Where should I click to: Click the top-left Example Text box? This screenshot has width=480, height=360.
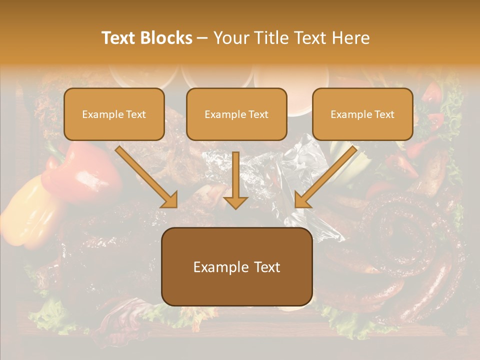114,114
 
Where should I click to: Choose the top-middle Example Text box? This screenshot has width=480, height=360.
236,114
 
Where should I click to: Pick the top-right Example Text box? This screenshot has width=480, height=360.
362,114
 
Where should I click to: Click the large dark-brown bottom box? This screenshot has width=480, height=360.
236,266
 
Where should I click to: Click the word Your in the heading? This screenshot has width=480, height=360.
230,38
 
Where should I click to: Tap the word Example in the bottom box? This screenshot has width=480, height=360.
217,267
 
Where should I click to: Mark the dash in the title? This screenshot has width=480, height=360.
202,38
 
